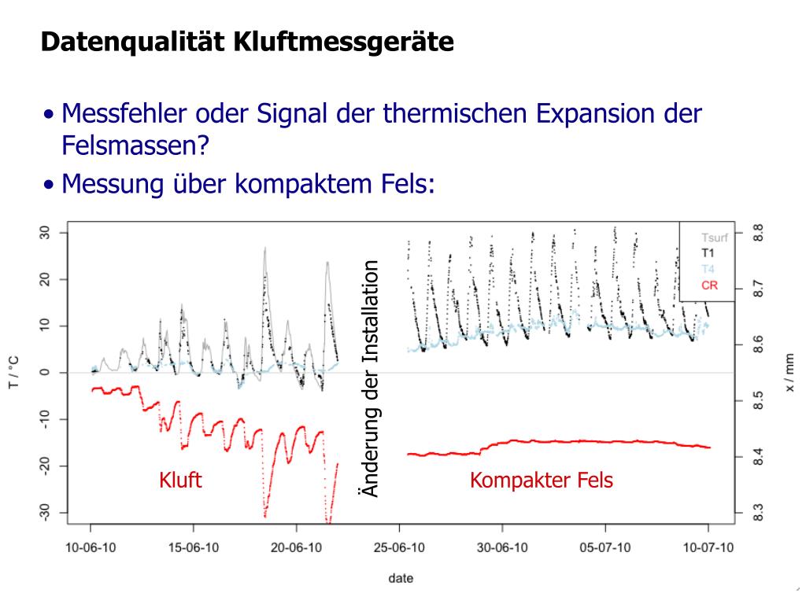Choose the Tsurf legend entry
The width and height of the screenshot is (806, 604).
[x=714, y=238]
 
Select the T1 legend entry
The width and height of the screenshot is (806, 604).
[x=708, y=253]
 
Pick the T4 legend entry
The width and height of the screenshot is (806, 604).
[x=708, y=269]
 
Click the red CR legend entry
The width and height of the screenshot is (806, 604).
[x=709, y=285]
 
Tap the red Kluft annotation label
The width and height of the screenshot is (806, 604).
[x=180, y=480]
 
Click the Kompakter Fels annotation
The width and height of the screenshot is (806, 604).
[x=541, y=480]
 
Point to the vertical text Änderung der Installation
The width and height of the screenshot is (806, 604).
[x=368, y=378]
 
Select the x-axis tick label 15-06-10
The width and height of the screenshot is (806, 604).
[x=194, y=547]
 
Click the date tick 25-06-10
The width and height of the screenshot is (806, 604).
[x=400, y=547]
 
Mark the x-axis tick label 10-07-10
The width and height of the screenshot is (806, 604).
[x=708, y=547]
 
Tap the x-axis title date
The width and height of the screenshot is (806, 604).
[x=400, y=578]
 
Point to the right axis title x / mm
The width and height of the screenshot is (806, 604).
[x=789, y=373]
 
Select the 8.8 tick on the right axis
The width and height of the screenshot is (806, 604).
[x=757, y=234]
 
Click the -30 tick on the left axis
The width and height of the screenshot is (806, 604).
[x=44, y=513]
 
